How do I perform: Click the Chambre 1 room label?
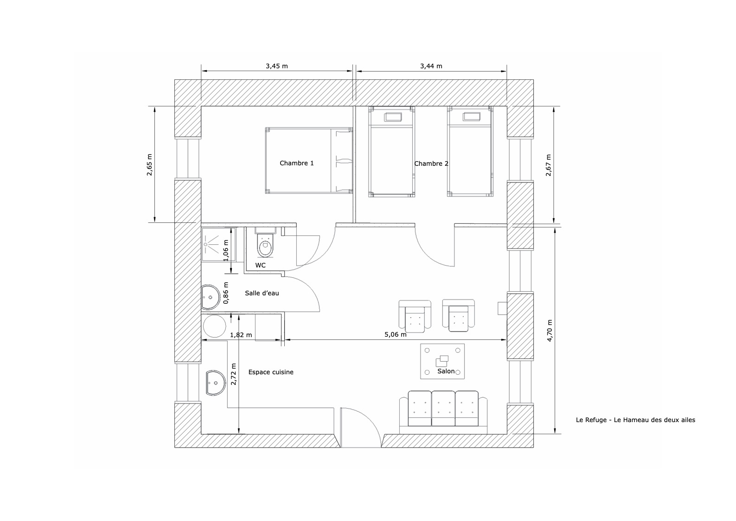(296, 163)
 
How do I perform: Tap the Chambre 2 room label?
(431, 163)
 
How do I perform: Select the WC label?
(260, 265)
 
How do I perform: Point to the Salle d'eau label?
(262, 293)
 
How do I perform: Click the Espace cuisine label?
(271, 372)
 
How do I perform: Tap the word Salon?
(446, 371)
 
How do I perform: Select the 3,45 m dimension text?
(277, 66)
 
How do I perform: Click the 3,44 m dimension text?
(431, 66)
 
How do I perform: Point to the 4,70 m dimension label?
(550, 330)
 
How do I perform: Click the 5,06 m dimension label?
(396, 334)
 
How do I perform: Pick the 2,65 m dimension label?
(149, 164)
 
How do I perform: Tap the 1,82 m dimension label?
(241, 335)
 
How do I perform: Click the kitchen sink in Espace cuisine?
(216, 383)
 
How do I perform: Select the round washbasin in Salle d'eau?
(211, 297)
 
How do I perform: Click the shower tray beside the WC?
(218, 245)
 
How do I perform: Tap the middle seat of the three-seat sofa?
(443, 409)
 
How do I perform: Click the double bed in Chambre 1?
(309, 161)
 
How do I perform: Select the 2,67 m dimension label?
(548, 165)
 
